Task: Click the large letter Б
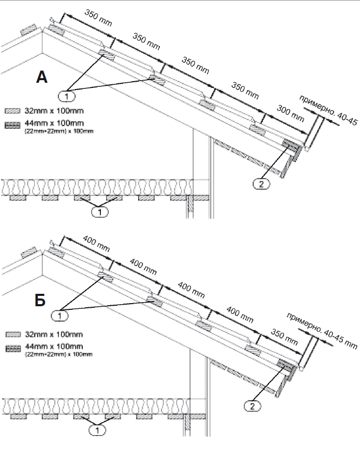pyautogui.click(x=41, y=301)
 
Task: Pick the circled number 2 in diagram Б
pyautogui.click(x=252, y=407)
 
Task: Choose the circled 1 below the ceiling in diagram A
pyautogui.click(x=99, y=211)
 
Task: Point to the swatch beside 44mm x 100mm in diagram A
pyautogui.click(x=12, y=124)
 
